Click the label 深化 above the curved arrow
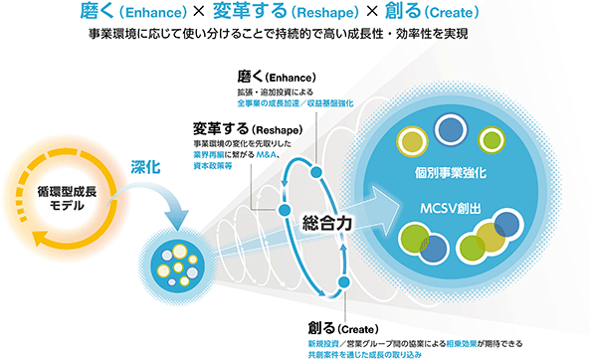tap(145, 167)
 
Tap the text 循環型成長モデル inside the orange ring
tap(67, 199)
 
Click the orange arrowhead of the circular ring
tap(40, 238)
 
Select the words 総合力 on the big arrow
tap(327, 224)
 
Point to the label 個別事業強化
tap(451, 173)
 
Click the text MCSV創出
tap(451, 209)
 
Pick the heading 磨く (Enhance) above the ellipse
tap(277, 78)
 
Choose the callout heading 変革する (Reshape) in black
tap(248, 129)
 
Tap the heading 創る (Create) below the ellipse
tap(343, 328)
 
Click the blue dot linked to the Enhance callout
tap(316, 172)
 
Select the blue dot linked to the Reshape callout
tap(285, 210)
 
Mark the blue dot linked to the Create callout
tap(344, 281)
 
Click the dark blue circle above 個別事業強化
tap(451, 130)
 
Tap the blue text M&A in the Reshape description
tap(266, 154)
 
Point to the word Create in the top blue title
tap(451, 13)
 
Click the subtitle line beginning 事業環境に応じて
tap(279, 34)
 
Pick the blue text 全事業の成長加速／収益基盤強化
tap(295, 103)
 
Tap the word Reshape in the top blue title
tap(325, 13)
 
